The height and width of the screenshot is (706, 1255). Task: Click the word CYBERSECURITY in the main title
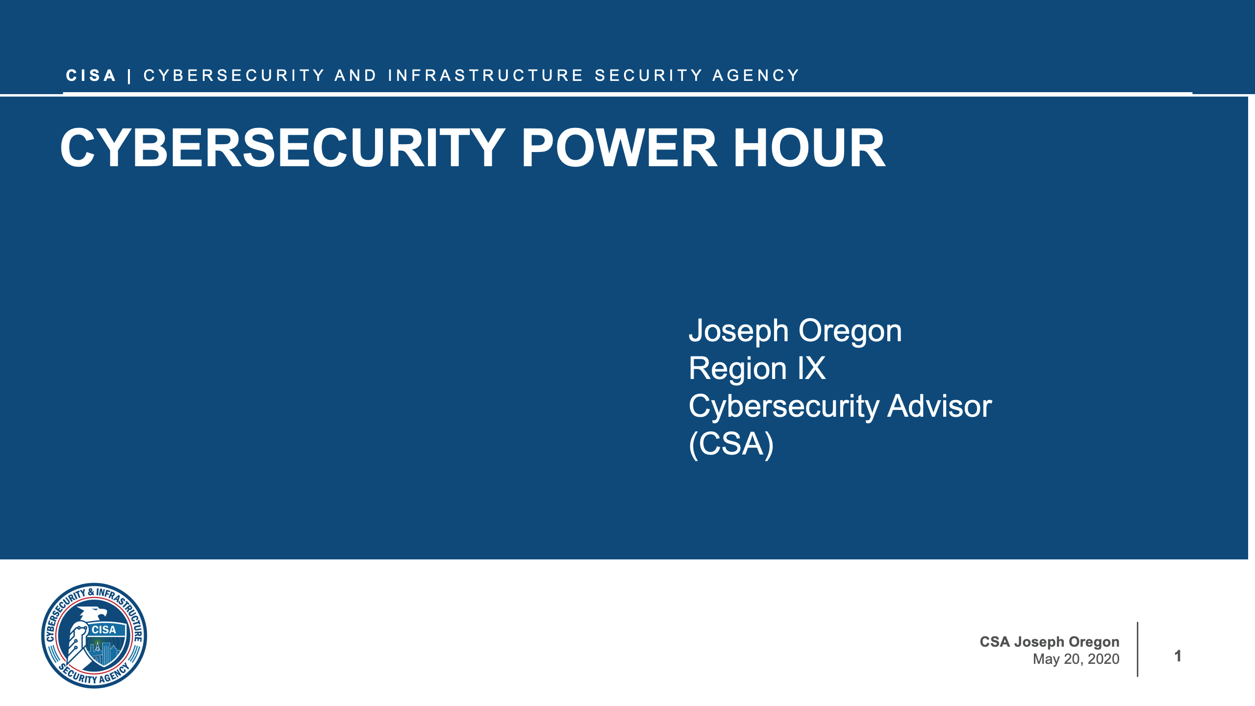282,148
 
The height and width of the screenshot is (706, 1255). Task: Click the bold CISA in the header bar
91,76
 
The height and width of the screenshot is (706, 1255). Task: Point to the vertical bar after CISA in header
129,76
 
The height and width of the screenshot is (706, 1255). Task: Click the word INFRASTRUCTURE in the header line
485,76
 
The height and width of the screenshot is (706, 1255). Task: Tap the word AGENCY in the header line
756,76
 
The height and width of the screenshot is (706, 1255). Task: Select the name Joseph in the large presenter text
738,331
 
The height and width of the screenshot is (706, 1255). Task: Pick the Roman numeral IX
811,368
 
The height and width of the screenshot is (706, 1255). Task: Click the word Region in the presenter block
737,369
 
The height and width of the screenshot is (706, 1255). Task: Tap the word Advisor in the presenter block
939,406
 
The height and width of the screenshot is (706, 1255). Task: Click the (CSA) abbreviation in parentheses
731,444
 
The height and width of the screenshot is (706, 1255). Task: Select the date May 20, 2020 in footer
1076,659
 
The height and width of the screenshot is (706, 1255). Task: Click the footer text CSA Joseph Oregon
1049,642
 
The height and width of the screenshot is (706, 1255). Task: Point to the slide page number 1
1178,656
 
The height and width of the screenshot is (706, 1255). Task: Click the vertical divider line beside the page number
1137,649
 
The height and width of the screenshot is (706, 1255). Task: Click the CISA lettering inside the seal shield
104,630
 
